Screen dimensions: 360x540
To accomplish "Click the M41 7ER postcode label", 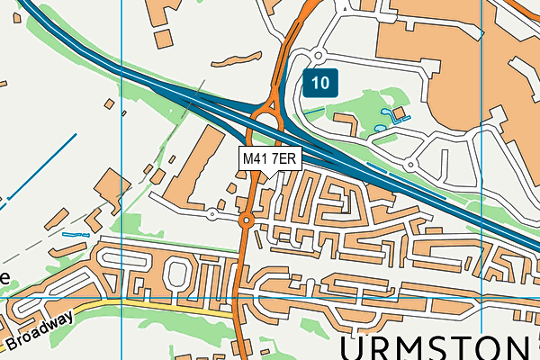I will click(x=269, y=158).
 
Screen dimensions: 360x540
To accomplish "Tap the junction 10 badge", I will click(x=320, y=84).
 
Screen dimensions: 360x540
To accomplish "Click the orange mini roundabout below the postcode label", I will click(x=247, y=220).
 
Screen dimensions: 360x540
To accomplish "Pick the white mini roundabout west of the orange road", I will click(x=211, y=214).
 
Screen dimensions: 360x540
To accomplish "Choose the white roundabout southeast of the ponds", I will click(x=409, y=165).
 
